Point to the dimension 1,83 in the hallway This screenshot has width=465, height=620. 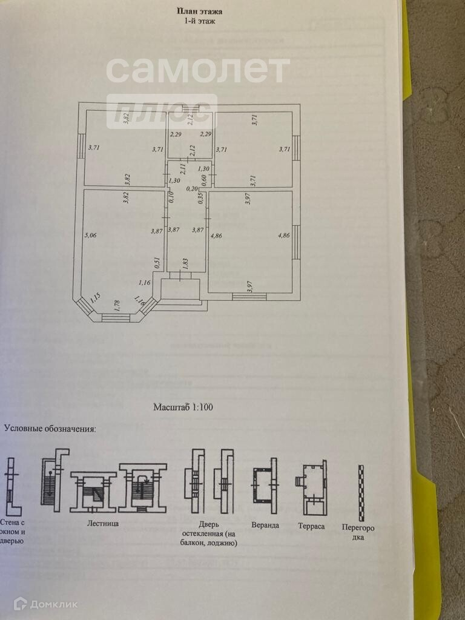(185, 264)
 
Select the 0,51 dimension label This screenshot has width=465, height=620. (157, 262)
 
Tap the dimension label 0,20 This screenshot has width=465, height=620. (192, 189)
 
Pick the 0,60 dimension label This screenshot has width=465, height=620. (204, 179)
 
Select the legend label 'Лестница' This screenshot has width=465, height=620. (102, 523)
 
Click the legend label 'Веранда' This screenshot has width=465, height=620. (265, 525)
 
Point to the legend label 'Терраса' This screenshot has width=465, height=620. (311, 526)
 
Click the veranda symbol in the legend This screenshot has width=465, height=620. (265, 486)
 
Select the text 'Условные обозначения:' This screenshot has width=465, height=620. (50, 429)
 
